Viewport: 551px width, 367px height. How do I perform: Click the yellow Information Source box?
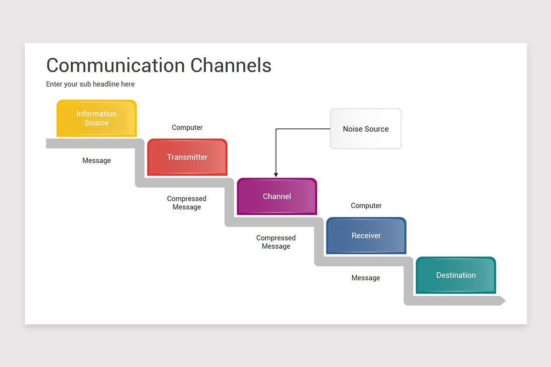(96, 118)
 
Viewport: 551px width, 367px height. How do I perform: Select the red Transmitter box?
(187, 157)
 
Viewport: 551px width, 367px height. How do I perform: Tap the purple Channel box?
(276, 196)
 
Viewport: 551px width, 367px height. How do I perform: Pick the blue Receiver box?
(366, 236)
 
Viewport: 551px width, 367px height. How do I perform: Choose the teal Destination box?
(455, 275)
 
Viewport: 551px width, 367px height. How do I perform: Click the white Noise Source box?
(365, 129)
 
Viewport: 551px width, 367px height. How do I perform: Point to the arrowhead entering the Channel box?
(276, 174)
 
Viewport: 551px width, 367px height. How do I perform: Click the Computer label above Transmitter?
(187, 128)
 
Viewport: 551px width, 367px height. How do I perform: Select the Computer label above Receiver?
(366, 206)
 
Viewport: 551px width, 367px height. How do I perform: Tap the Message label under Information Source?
(96, 161)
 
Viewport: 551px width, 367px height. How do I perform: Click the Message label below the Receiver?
(365, 278)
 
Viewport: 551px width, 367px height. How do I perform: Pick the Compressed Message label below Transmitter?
(186, 203)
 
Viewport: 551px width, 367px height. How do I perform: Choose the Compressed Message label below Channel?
(276, 242)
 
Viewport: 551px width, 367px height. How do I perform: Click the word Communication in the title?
(115, 66)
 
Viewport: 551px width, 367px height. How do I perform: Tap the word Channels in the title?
(231, 66)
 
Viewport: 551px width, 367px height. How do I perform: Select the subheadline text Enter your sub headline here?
(90, 84)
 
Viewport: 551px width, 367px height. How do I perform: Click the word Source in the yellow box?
(96, 123)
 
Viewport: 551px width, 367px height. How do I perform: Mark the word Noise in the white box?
(352, 129)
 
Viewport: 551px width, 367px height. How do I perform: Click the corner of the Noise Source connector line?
(276, 129)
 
